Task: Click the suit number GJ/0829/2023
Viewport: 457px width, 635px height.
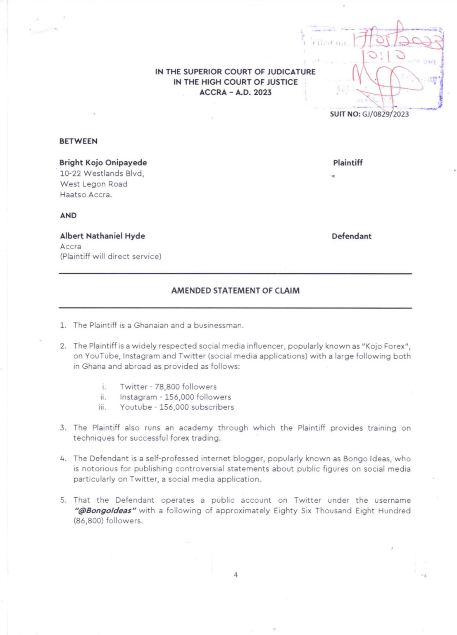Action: coord(385,114)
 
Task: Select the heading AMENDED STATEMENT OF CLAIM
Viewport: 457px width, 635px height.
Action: coord(235,291)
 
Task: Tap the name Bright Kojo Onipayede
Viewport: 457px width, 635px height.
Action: coord(103,162)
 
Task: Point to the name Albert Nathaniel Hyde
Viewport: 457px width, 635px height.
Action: coord(102,236)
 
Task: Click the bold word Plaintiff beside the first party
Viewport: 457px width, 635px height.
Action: coord(348,162)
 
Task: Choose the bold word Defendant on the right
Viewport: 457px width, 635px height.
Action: coord(351,236)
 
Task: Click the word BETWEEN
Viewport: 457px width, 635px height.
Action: coord(79,141)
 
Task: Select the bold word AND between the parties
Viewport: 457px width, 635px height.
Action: coord(68,215)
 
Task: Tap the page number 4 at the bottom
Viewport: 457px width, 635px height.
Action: coord(236,575)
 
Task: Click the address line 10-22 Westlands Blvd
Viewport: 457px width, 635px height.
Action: coord(102,173)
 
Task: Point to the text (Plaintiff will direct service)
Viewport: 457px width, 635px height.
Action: coord(111,256)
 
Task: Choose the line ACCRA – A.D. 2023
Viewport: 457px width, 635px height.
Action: coord(235,92)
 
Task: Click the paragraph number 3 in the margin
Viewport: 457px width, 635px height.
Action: coord(63,428)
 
